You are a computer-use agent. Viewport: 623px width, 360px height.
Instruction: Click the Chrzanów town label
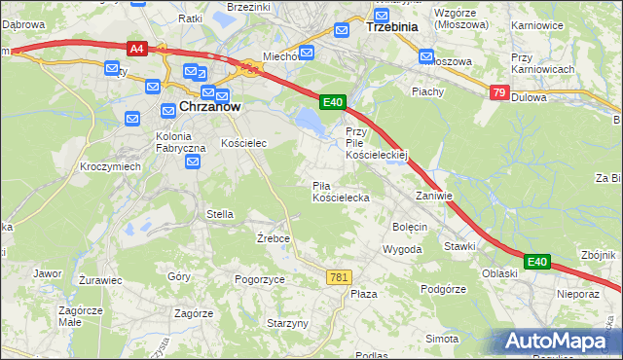click(208, 107)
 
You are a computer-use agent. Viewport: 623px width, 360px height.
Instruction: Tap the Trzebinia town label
click(390, 27)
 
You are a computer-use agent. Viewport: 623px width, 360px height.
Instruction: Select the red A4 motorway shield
click(136, 48)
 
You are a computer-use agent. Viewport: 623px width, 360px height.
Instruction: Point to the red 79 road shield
click(499, 92)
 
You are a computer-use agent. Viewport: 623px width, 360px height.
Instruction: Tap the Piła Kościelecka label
click(340, 191)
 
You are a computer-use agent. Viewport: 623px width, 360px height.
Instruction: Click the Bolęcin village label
click(410, 227)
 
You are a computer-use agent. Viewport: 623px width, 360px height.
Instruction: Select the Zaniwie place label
click(434, 195)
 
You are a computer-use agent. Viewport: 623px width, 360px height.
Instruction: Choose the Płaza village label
click(363, 293)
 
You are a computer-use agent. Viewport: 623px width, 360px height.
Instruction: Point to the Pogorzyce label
click(259, 279)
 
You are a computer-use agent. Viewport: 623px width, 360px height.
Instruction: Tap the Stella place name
click(219, 213)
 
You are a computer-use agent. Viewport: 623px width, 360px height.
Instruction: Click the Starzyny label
click(287, 322)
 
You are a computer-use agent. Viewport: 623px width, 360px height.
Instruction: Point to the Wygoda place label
click(402, 249)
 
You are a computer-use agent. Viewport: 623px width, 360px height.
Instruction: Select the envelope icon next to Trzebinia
click(342, 30)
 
